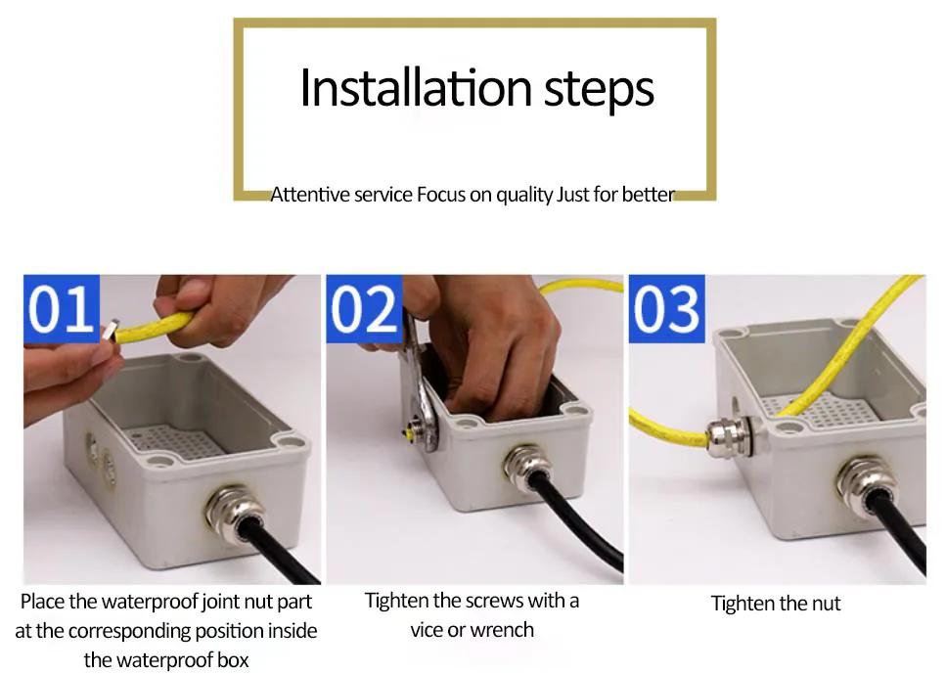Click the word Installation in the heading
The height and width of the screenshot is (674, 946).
click(416, 88)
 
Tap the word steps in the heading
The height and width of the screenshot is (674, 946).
click(599, 91)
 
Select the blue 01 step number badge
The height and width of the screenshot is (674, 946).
click(61, 308)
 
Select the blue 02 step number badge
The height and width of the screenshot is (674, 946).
click(364, 308)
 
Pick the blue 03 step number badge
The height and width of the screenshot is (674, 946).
click(666, 308)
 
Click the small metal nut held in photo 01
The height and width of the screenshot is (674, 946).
click(110, 330)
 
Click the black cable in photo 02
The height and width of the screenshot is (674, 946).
click(577, 525)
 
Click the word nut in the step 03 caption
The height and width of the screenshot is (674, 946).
click(825, 604)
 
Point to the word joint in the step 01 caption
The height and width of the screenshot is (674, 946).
click(219, 602)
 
